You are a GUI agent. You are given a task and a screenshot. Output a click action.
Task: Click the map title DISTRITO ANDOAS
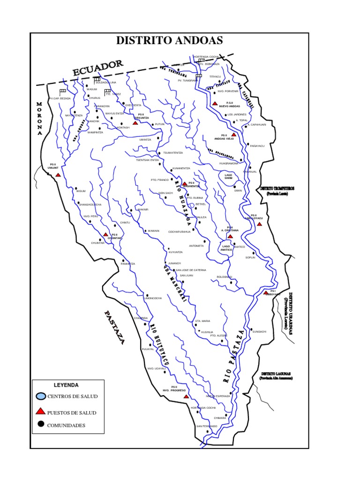[x=169, y=41]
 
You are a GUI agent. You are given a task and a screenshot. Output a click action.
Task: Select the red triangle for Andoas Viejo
[x=233, y=135]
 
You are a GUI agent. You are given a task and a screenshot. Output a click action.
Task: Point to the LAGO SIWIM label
[x=228, y=177]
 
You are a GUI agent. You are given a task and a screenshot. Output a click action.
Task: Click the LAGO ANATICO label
[x=226, y=248]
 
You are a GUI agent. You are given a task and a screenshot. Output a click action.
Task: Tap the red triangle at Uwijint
[x=58, y=175]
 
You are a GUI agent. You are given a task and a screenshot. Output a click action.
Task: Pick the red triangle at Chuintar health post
[x=106, y=234]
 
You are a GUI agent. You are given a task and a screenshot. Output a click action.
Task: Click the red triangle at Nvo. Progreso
[x=186, y=396]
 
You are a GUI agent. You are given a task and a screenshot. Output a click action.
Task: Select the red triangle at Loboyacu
[x=266, y=292]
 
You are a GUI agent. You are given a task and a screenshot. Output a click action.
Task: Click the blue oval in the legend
[x=41, y=396]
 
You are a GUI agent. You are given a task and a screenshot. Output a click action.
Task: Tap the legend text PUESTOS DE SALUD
[x=72, y=412]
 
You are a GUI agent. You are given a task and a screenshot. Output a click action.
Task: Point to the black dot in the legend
[x=41, y=425]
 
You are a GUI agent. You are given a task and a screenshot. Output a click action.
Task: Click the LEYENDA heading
[x=66, y=385]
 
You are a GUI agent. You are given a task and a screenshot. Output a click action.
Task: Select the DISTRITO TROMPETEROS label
[x=277, y=188]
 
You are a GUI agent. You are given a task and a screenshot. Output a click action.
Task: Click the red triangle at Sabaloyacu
[x=259, y=224]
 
